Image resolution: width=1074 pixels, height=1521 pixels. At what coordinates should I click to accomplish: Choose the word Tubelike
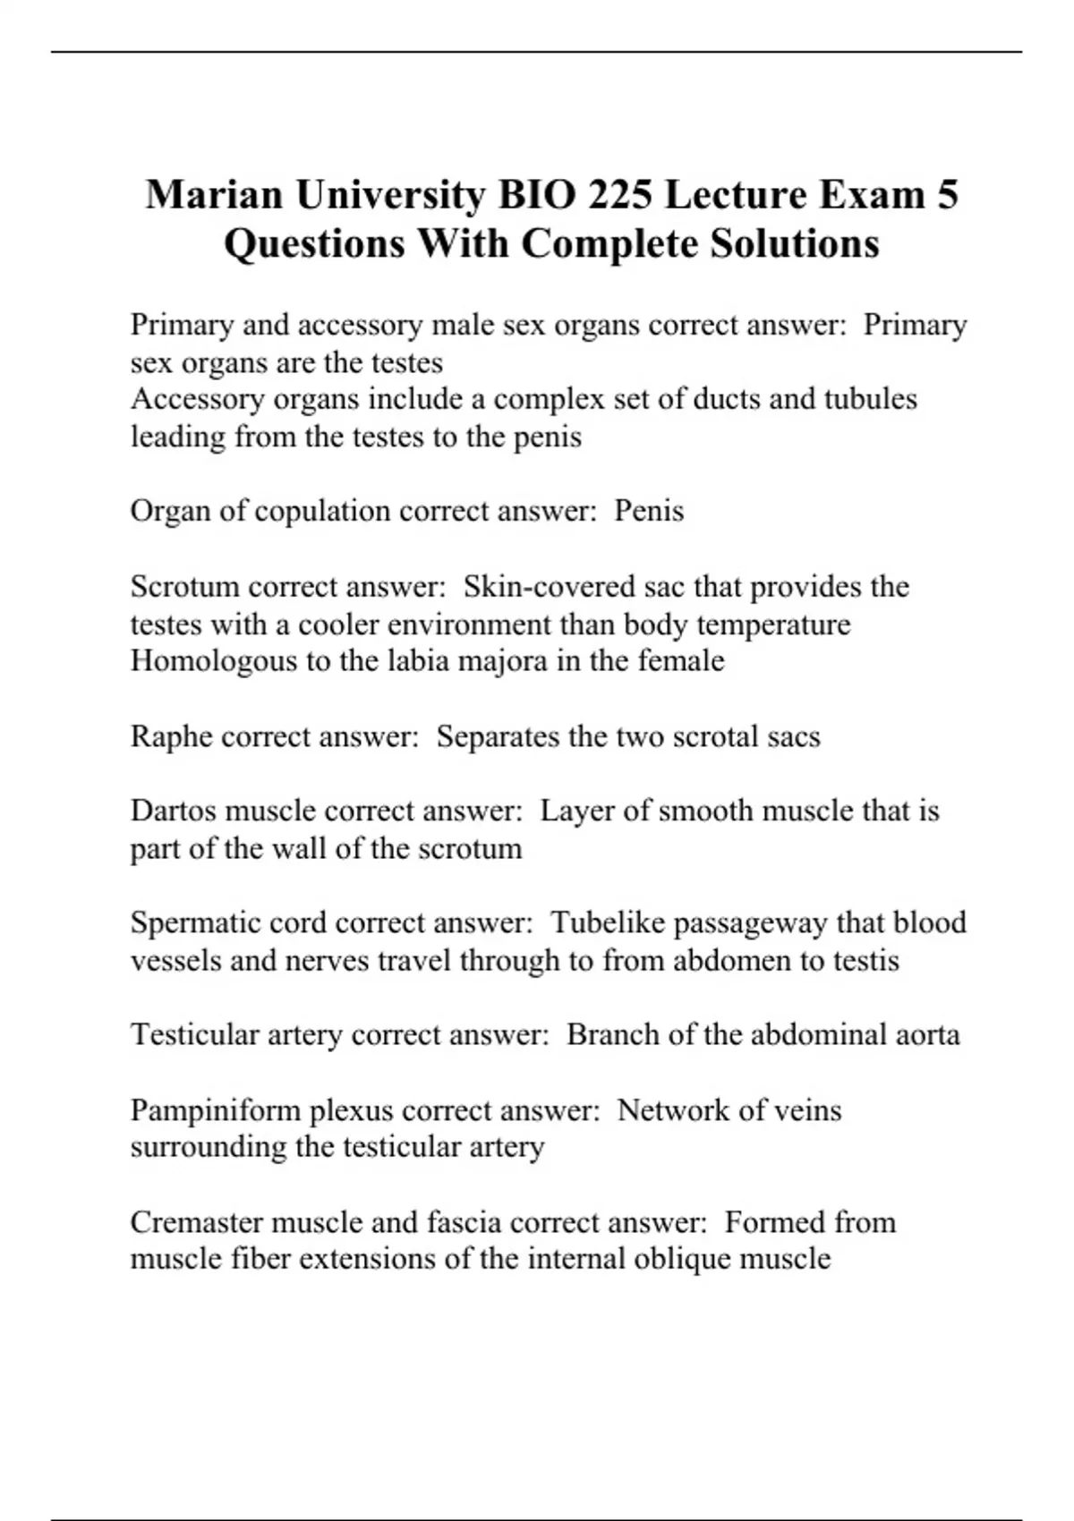click(x=607, y=922)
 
